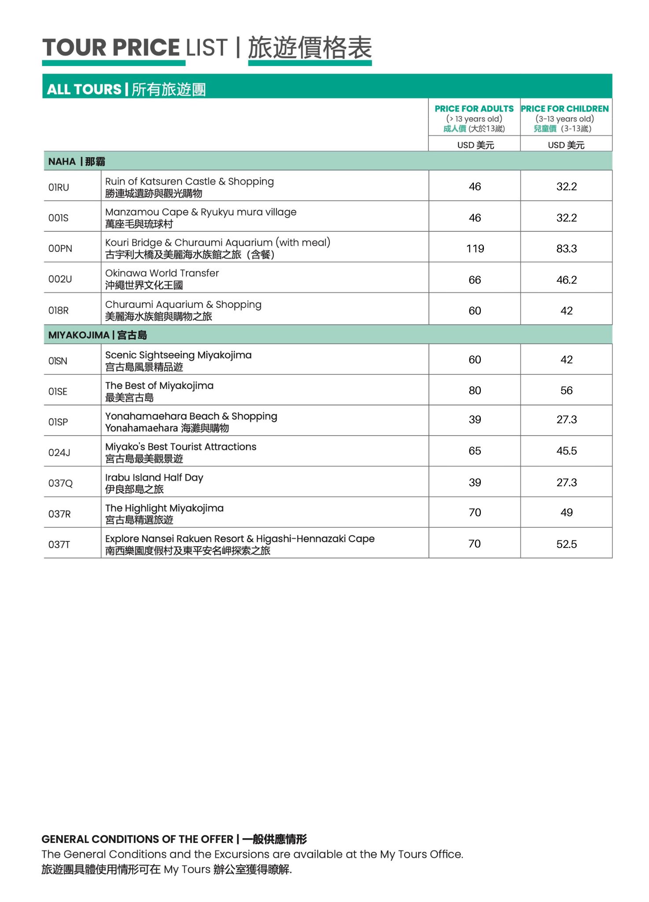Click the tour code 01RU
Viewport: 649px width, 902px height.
tap(59, 187)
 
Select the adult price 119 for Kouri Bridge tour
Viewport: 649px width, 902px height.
tap(475, 249)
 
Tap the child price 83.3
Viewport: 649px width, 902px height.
tap(566, 249)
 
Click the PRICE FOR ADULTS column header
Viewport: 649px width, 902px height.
tap(474, 109)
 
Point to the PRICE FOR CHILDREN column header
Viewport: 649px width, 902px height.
tap(565, 109)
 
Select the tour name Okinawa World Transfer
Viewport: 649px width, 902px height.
tap(162, 273)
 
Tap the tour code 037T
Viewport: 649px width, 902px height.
tap(59, 545)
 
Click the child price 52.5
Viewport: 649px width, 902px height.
tap(566, 544)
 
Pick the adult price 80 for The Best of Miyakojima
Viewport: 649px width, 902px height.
tap(475, 391)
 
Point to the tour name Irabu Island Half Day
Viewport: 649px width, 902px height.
tap(154, 477)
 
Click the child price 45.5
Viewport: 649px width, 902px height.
tap(566, 451)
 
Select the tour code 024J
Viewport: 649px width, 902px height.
tap(59, 453)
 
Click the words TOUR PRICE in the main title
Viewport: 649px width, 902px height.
tap(111, 48)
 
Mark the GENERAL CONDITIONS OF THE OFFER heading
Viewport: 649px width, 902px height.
tap(137, 839)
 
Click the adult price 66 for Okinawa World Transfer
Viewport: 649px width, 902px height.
tap(475, 280)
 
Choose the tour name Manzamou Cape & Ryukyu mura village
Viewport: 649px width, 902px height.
tap(201, 212)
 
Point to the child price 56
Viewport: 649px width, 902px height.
tap(566, 391)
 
